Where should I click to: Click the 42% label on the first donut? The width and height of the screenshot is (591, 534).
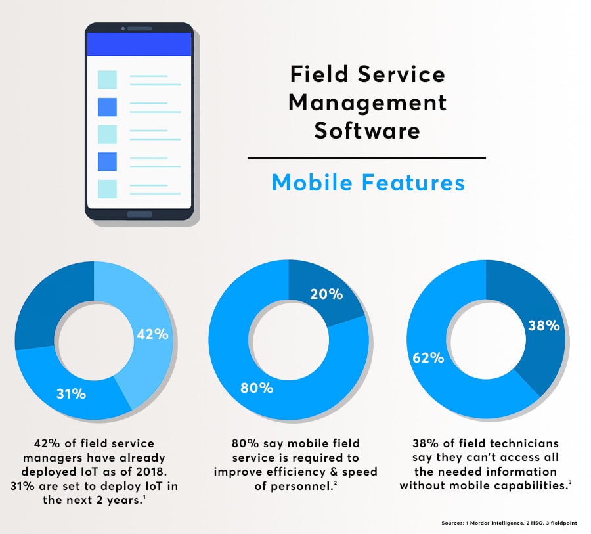coord(152,334)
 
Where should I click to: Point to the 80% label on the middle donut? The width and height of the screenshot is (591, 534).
coord(257,388)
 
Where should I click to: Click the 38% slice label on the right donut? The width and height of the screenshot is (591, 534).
coord(544,325)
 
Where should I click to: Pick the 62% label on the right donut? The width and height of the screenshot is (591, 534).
coord(428,359)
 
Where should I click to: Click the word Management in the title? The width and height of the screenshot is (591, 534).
coord(367,102)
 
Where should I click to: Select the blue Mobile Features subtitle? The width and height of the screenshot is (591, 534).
coord(368,183)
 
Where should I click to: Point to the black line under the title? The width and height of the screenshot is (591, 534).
coord(366,158)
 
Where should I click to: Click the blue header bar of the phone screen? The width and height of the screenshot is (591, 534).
coord(139,45)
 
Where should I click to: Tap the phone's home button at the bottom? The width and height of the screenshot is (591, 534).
coord(139,215)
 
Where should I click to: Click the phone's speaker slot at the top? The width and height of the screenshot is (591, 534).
coord(139,29)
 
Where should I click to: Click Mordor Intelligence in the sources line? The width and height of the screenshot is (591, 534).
coord(497,523)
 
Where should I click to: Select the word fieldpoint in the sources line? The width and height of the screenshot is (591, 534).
coord(561,523)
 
